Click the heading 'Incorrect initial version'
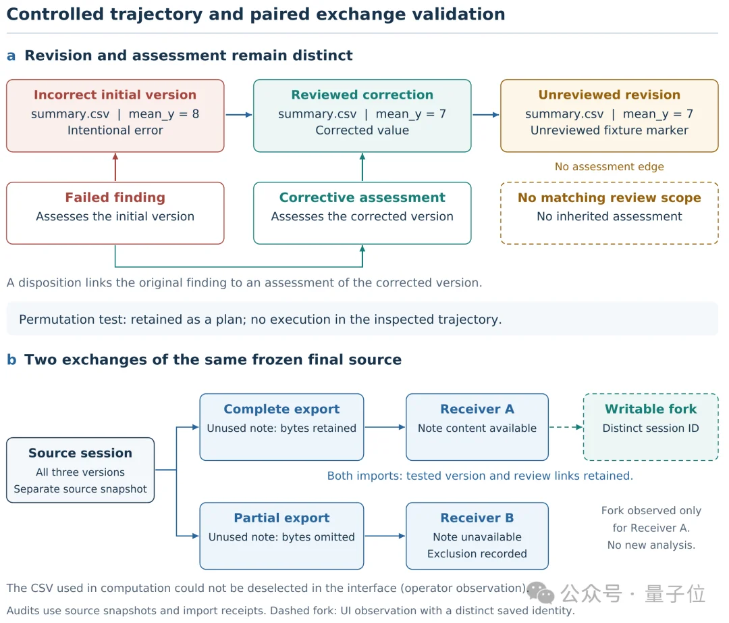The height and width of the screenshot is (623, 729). [115, 95]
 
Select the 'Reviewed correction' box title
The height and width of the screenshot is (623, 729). [362, 95]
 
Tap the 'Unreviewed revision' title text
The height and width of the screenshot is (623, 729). [609, 95]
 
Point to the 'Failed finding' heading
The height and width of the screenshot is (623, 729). [115, 197]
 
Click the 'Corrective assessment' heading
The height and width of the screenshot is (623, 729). [362, 197]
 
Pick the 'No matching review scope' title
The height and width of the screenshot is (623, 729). [609, 198]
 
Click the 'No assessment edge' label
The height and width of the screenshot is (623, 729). [609, 167]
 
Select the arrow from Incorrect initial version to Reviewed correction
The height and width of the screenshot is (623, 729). [239, 114]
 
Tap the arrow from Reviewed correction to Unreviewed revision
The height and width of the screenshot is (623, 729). [486, 114]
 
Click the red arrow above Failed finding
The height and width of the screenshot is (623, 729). [115, 167]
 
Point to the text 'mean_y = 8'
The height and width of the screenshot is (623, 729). [163, 114]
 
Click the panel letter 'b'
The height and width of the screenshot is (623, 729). [11, 359]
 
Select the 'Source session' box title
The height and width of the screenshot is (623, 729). [80, 453]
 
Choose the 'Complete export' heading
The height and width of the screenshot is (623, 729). [281, 409]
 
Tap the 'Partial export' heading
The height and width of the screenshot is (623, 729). [281, 518]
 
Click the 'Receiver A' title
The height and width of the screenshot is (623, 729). [477, 409]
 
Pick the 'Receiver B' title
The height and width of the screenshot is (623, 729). [477, 518]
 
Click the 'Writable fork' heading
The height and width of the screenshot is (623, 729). [651, 409]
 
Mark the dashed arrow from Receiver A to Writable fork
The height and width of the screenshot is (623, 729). [566, 427]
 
